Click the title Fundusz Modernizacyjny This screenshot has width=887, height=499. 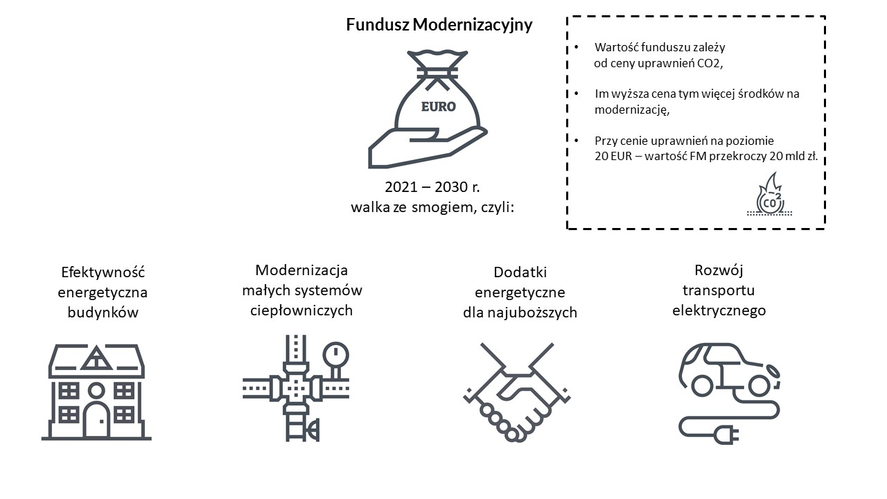[439, 24]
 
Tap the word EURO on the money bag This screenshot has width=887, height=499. [439, 107]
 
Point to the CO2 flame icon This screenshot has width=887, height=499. [769, 194]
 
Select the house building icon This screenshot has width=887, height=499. [96, 392]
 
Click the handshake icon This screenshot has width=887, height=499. [517, 392]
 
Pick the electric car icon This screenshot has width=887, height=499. [730, 393]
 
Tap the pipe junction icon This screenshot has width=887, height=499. [296, 389]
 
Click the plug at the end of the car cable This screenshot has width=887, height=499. [727, 435]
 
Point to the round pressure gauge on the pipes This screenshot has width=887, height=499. [336, 354]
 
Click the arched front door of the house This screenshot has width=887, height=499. [96, 419]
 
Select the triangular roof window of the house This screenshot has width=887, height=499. [96, 358]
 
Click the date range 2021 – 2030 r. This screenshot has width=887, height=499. [432, 187]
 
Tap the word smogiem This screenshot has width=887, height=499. [443, 207]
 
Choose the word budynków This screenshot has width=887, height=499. [103, 313]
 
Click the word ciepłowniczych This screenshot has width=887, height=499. [301, 310]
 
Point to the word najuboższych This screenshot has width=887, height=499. [532, 313]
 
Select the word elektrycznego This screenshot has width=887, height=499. [719, 310]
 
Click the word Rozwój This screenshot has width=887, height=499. [719, 270]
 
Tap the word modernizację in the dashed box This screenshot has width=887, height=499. [632, 110]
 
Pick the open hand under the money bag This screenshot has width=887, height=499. [428, 148]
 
